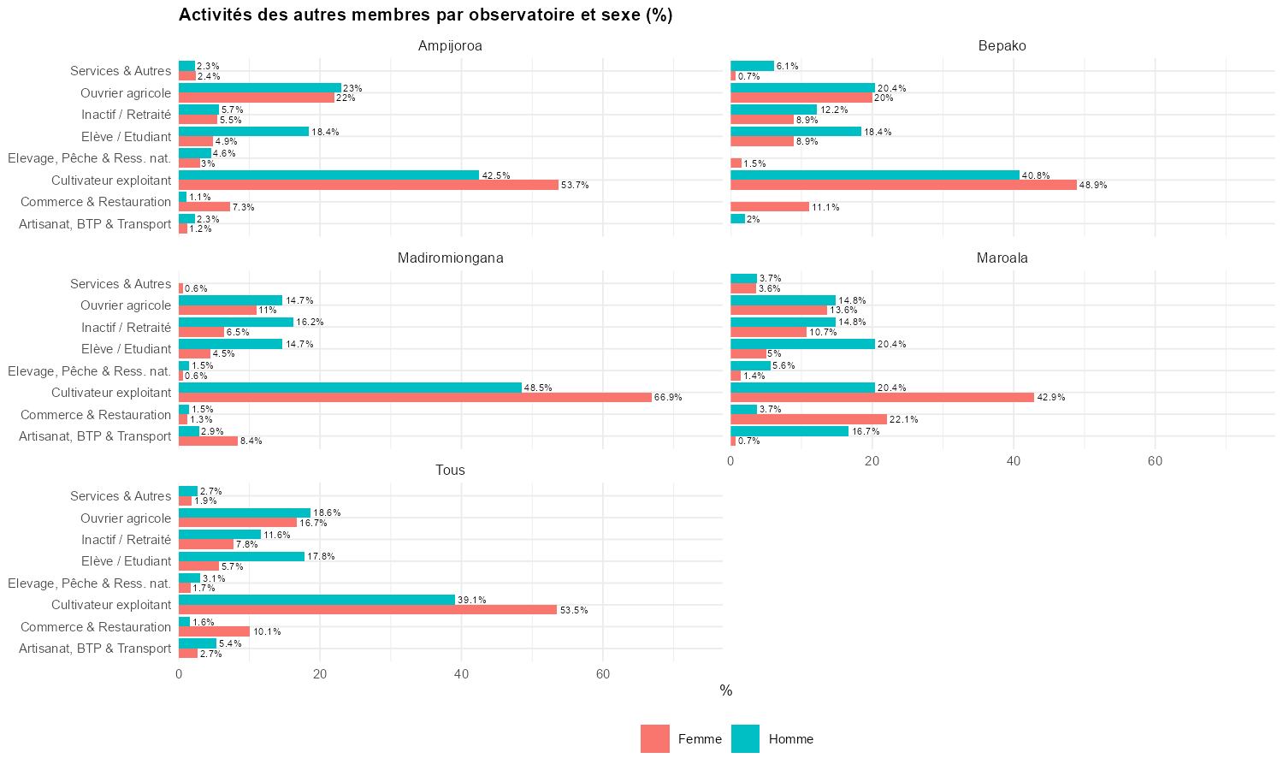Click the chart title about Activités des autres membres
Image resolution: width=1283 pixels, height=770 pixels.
[x=425, y=15]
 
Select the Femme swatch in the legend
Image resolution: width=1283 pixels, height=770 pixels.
[x=655, y=739]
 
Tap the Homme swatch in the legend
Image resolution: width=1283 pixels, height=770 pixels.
[x=745, y=739]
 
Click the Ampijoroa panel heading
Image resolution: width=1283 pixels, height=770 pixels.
[x=450, y=46]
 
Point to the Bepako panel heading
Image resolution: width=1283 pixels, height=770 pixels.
[x=1002, y=46]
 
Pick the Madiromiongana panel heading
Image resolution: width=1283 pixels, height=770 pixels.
[x=450, y=258]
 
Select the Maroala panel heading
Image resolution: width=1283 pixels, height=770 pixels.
[x=1002, y=258]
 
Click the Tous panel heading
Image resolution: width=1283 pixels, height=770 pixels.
[x=450, y=471]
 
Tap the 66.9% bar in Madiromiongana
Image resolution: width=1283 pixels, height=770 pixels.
[x=415, y=398]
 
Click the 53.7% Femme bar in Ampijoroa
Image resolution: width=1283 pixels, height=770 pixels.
[x=368, y=185]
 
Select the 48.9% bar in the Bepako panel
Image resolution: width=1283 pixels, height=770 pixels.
[x=903, y=185]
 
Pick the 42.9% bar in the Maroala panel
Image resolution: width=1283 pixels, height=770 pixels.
[x=882, y=398]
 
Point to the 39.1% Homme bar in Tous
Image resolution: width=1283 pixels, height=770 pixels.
[x=316, y=600]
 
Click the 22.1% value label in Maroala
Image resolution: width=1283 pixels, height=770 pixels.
[x=903, y=420]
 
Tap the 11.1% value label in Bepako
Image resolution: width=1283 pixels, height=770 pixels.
[x=825, y=207]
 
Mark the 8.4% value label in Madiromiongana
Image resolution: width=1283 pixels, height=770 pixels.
[x=251, y=441]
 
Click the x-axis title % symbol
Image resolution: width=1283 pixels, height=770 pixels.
[x=726, y=691]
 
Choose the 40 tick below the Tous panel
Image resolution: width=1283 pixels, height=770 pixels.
[x=462, y=674]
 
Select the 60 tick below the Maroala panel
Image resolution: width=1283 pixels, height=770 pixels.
[x=1155, y=461]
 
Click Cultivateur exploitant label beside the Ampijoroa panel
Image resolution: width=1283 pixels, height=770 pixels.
[x=111, y=181]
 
